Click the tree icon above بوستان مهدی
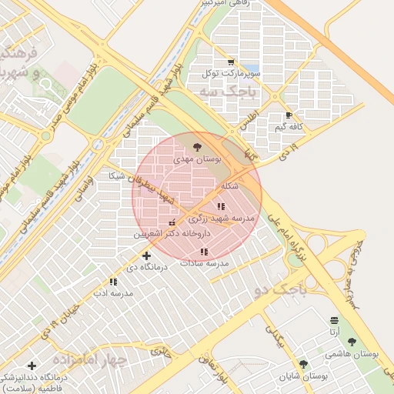(198, 146)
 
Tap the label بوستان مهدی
(197, 159)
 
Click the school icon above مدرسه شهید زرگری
(221, 206)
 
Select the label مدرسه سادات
(203, 263)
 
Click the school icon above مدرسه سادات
(203, 252)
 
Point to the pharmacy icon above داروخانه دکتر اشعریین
(172, 222)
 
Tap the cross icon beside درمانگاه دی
(146, 255)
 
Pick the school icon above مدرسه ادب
(113, 282)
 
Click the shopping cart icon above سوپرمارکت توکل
(231, 62)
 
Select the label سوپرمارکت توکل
(231, 74)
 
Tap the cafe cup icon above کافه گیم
(289, 115)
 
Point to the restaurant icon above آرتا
(333, 320)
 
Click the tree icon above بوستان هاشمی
(352, 342)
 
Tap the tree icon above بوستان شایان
(303, 364)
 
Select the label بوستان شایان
(303, 376)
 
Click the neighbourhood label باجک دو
(279, 290)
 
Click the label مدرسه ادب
(113, 293)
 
